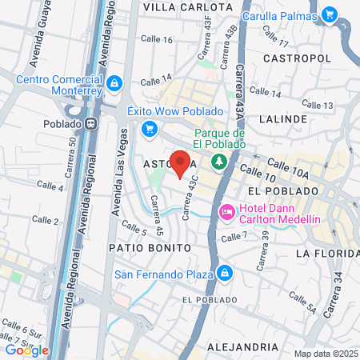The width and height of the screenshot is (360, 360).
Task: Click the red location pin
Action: pos(181,162)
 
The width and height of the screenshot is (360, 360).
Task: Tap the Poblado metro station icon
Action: pos(92,124)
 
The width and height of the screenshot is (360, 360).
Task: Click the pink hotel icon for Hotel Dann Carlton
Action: pos(226,210)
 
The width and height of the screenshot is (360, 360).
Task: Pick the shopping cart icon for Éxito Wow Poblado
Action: pos(148,128)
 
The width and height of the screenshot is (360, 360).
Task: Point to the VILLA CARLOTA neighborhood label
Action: pos(178,6)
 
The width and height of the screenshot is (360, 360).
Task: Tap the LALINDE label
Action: pos(283,118)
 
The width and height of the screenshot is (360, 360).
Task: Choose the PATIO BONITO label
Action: pos(150,248)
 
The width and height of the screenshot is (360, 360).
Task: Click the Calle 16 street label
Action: pos(156,39)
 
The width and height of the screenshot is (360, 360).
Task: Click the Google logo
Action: pos(26,349)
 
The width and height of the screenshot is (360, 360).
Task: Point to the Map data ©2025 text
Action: pos(324,354)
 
